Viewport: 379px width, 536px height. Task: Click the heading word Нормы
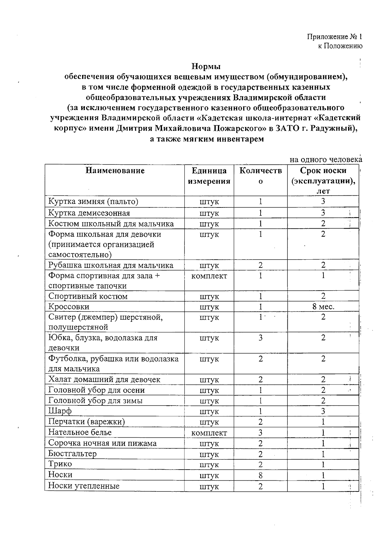(x=206, y=67)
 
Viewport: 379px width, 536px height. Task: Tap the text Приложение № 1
(x=335, y=37)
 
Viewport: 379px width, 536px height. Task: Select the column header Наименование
(x=115, y=171)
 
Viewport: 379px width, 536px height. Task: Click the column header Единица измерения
(x=209, y=176)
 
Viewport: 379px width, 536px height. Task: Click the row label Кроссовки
(x=69, y=307)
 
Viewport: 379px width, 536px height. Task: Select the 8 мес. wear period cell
(x=323, y=307)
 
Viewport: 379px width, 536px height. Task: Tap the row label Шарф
(x=60, y=411)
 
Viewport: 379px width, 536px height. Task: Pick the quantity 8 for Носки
(x=260, y=475)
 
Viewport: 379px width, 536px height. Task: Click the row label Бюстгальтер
(x=72, y=454)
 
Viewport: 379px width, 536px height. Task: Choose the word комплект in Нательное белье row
(x=209, y=433)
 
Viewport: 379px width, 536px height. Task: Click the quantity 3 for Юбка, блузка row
(x=260, y=338)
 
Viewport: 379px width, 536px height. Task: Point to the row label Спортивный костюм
(x=88, y=296)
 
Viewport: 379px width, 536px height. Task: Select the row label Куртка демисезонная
(x=89, y=213)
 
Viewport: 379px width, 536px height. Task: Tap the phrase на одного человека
(x=326, y=160)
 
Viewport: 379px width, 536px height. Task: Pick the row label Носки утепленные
(x=84, y=486)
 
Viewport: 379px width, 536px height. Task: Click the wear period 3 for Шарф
(x=323, y=411)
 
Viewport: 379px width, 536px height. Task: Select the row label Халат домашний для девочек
(x=104, y=379)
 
